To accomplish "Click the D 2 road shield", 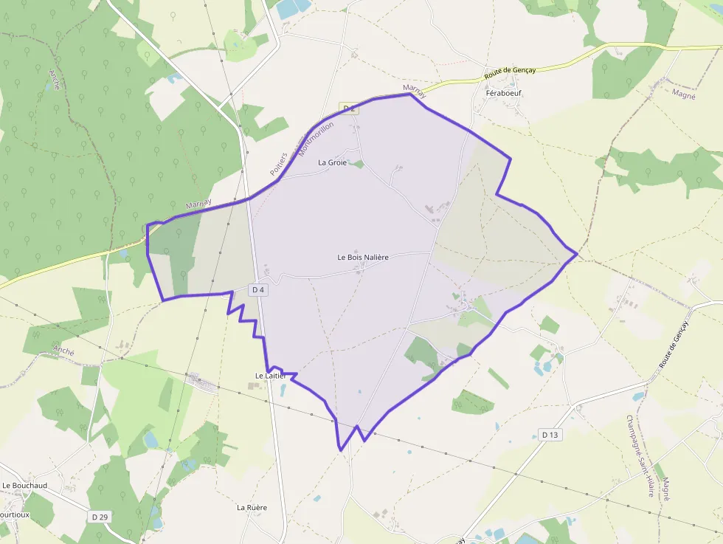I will click(x=348, y=109).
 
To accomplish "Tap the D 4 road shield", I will click(x=257, y=290).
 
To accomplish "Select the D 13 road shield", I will click(x=550, y=435).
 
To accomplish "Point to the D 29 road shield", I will click(x=100, y=517).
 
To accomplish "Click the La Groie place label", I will click(x=332, y=162).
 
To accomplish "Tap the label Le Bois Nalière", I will click(x=362, y=257).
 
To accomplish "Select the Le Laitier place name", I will click(x=270, y=376).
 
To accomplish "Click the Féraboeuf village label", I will click(x=503, y=94).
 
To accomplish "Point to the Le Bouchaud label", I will click(x=24, y=486).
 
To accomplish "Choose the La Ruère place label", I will click(x=252, y=508).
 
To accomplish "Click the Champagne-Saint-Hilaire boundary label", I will click(x=638, y=455).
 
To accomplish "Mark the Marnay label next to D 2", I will click(x=415, y=91).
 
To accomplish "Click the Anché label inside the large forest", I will click(x=55, y=80).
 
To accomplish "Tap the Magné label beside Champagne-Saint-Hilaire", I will click(x=665, y=489).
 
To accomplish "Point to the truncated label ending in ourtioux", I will click(x=15, y=514).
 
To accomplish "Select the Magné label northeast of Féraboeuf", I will click(x=684, y=94).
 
